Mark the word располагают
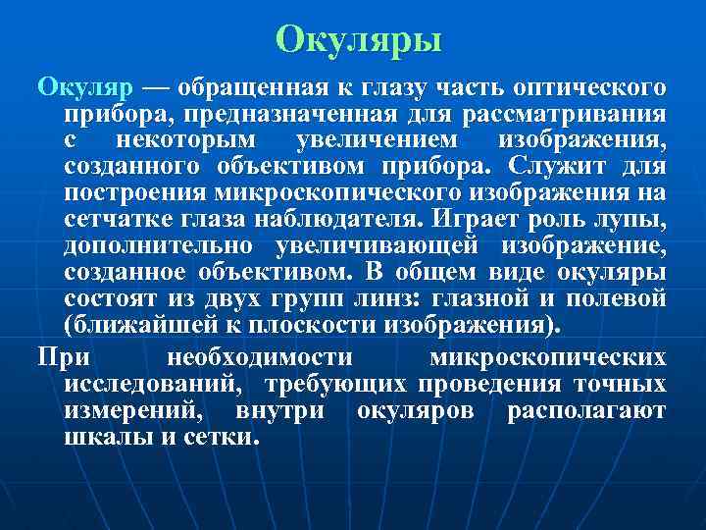pos(585,409)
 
